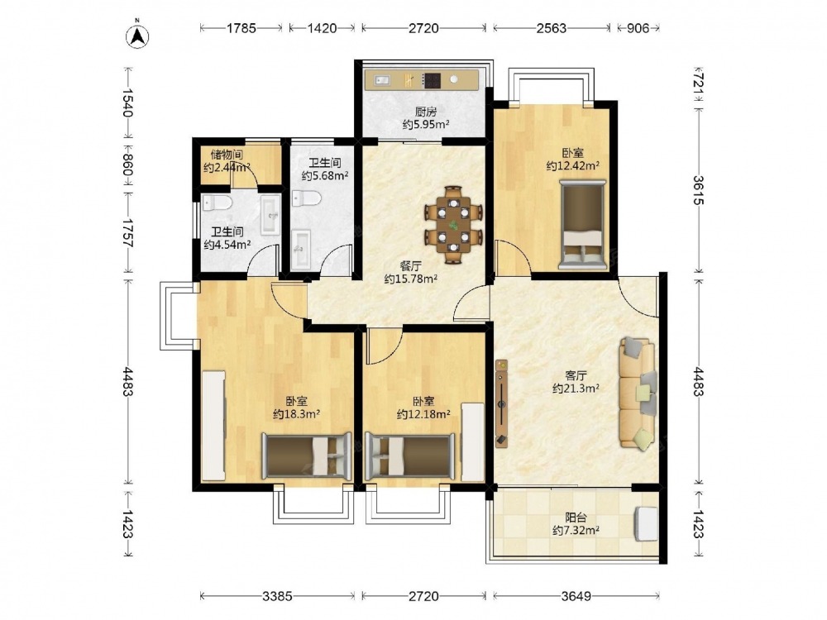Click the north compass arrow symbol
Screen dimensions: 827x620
coord(137,36)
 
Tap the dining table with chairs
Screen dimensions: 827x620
coord(454,224)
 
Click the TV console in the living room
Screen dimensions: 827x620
coord(501,404)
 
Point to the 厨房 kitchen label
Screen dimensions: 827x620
coord(426,112)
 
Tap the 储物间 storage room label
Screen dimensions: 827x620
coord(227,155)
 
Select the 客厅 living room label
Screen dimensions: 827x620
coord(576,375)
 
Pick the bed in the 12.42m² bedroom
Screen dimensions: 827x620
coord(581,224)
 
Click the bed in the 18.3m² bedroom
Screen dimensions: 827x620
coord(307,456)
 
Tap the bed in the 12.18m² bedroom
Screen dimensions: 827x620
coord(410,456)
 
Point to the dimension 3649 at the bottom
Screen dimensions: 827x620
coord(576,596)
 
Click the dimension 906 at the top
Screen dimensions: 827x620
coord(638,28)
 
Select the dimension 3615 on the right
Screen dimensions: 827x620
coord(698,190)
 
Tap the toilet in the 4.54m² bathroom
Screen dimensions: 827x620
coord(217,203)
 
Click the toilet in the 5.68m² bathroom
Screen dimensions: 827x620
coord(307,198)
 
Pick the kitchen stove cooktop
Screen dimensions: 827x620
coord(432,79)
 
